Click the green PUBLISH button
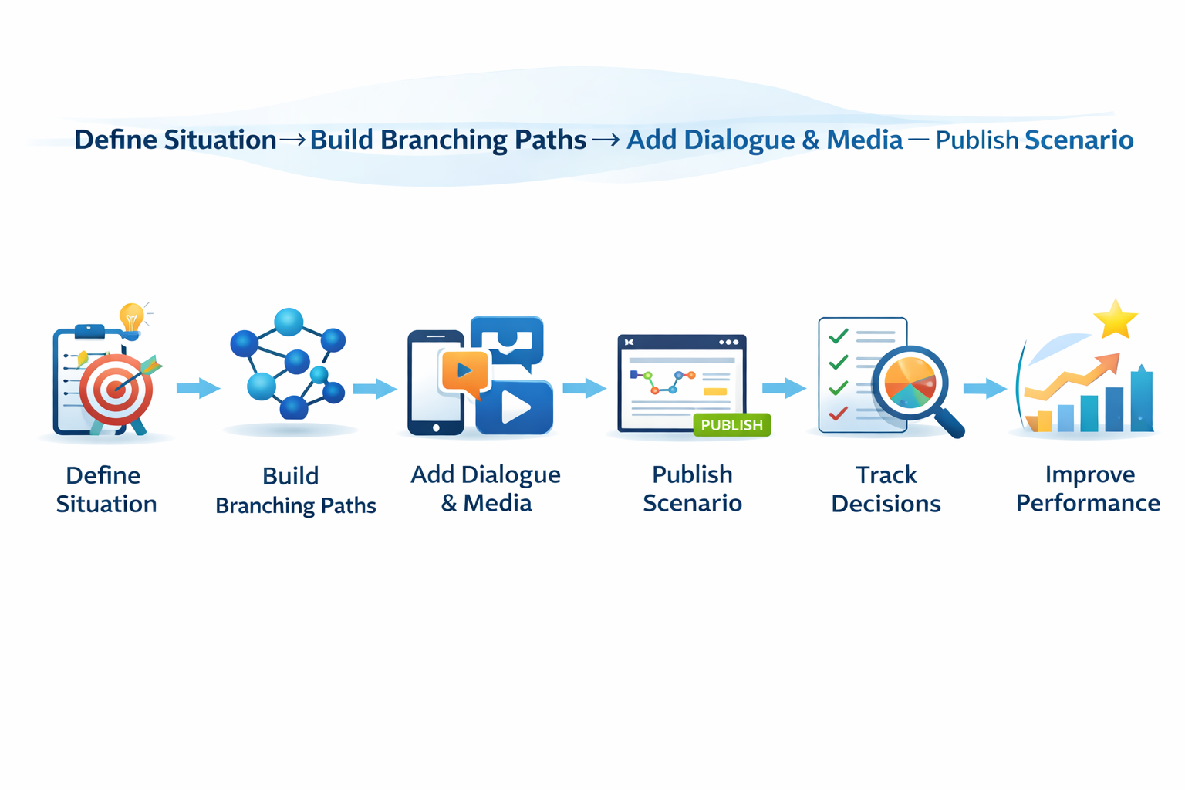(731, 425)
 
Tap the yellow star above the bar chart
(1116, 319)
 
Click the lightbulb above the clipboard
(132, 317)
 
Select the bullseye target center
(116, 389)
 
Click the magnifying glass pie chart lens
(910, 383)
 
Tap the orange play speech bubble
(464, 371)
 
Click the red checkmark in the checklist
(838, 414)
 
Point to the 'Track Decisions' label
(886, 489)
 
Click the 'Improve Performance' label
(1088, 489)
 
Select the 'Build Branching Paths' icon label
(295, 491)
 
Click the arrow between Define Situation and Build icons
(198, 388)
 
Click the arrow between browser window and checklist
(784, 388)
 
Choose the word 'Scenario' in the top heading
(1079, 140)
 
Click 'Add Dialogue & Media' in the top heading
(764, 140)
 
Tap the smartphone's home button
(436, 427)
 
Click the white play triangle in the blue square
(515, 408)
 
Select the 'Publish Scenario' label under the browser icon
(692, 489)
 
